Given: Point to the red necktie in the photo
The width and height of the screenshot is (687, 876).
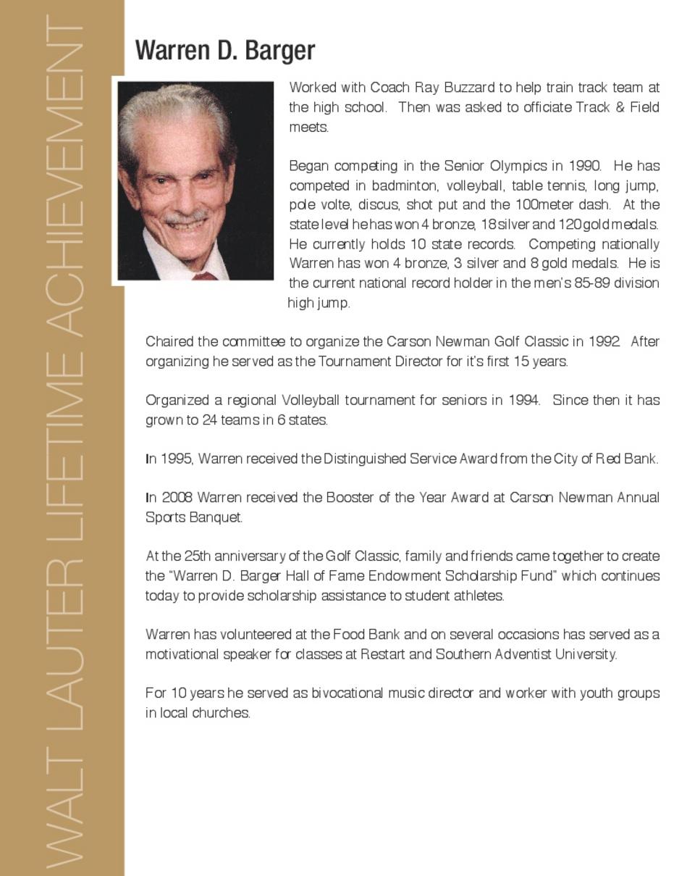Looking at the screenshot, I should coord(204,275).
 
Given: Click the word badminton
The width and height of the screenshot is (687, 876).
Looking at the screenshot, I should coord(405,185).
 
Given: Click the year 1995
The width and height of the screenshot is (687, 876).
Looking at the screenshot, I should coord(176,459).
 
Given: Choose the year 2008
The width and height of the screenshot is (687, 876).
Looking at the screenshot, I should coord(177,498).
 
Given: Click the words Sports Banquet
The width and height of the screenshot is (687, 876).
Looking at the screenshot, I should coord(193,517).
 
